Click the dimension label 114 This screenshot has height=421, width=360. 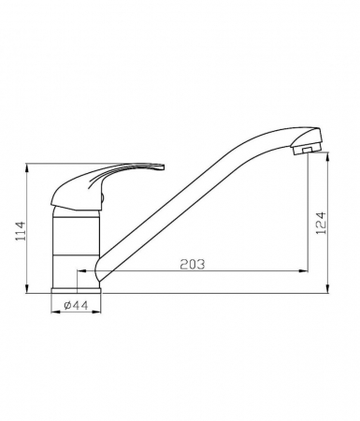click(21, 231)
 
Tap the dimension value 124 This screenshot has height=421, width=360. click(321, 224)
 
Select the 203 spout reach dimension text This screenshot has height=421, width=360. click(193, 264)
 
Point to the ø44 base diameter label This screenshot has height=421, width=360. click(77, 305)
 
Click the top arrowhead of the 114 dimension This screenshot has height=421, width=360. click(27, 167)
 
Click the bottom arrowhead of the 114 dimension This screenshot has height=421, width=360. click(27, 289)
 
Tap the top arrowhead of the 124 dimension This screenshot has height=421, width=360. click(328, 156)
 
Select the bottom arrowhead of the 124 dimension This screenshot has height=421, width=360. click(328, 289)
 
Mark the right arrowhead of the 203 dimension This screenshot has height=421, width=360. click(303, 271)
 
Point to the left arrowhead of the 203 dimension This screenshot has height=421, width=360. click(81, 271)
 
